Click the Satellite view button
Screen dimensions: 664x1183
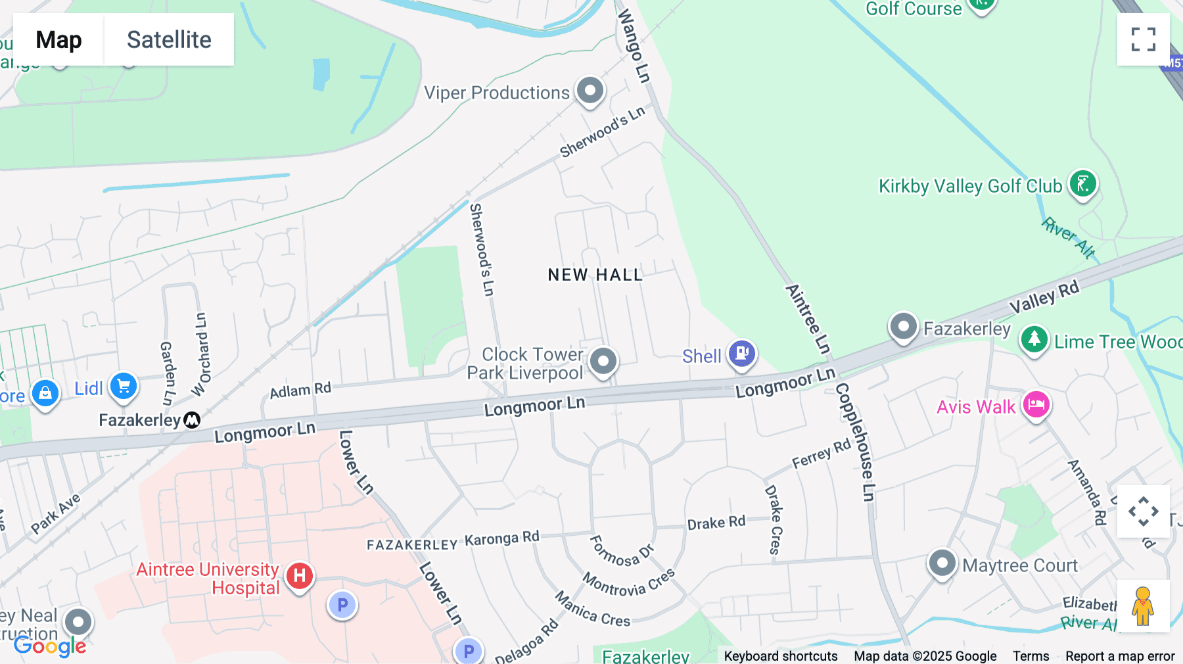point(169,39)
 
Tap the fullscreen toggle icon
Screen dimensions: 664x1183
point(1143,39)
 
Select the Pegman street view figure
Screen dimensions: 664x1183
point(1143,606)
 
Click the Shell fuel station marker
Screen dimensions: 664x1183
point(741,354)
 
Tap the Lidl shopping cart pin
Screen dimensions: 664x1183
point(124,387)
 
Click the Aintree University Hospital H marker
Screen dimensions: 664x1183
point(299,576)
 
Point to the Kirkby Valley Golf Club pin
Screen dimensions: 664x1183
point(1082,184)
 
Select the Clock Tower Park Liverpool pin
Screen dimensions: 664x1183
point(603,360)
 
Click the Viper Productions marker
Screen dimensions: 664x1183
point(590,90)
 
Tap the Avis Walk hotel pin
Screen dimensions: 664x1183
point(1036,405)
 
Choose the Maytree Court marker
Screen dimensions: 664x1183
point(942,563)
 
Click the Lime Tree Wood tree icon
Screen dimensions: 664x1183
point(1034,339)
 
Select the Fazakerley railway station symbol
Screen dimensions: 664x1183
point(192,419)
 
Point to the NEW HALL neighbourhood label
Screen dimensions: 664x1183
point(595,275)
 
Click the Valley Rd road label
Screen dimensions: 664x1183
point(1044,296)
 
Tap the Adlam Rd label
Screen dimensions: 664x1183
point(300,390)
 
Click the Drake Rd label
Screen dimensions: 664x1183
point(716,523)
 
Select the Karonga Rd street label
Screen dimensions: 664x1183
point(502,538)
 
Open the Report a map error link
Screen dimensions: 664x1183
point(1120,656)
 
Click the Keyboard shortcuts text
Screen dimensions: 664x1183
point(781,656)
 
